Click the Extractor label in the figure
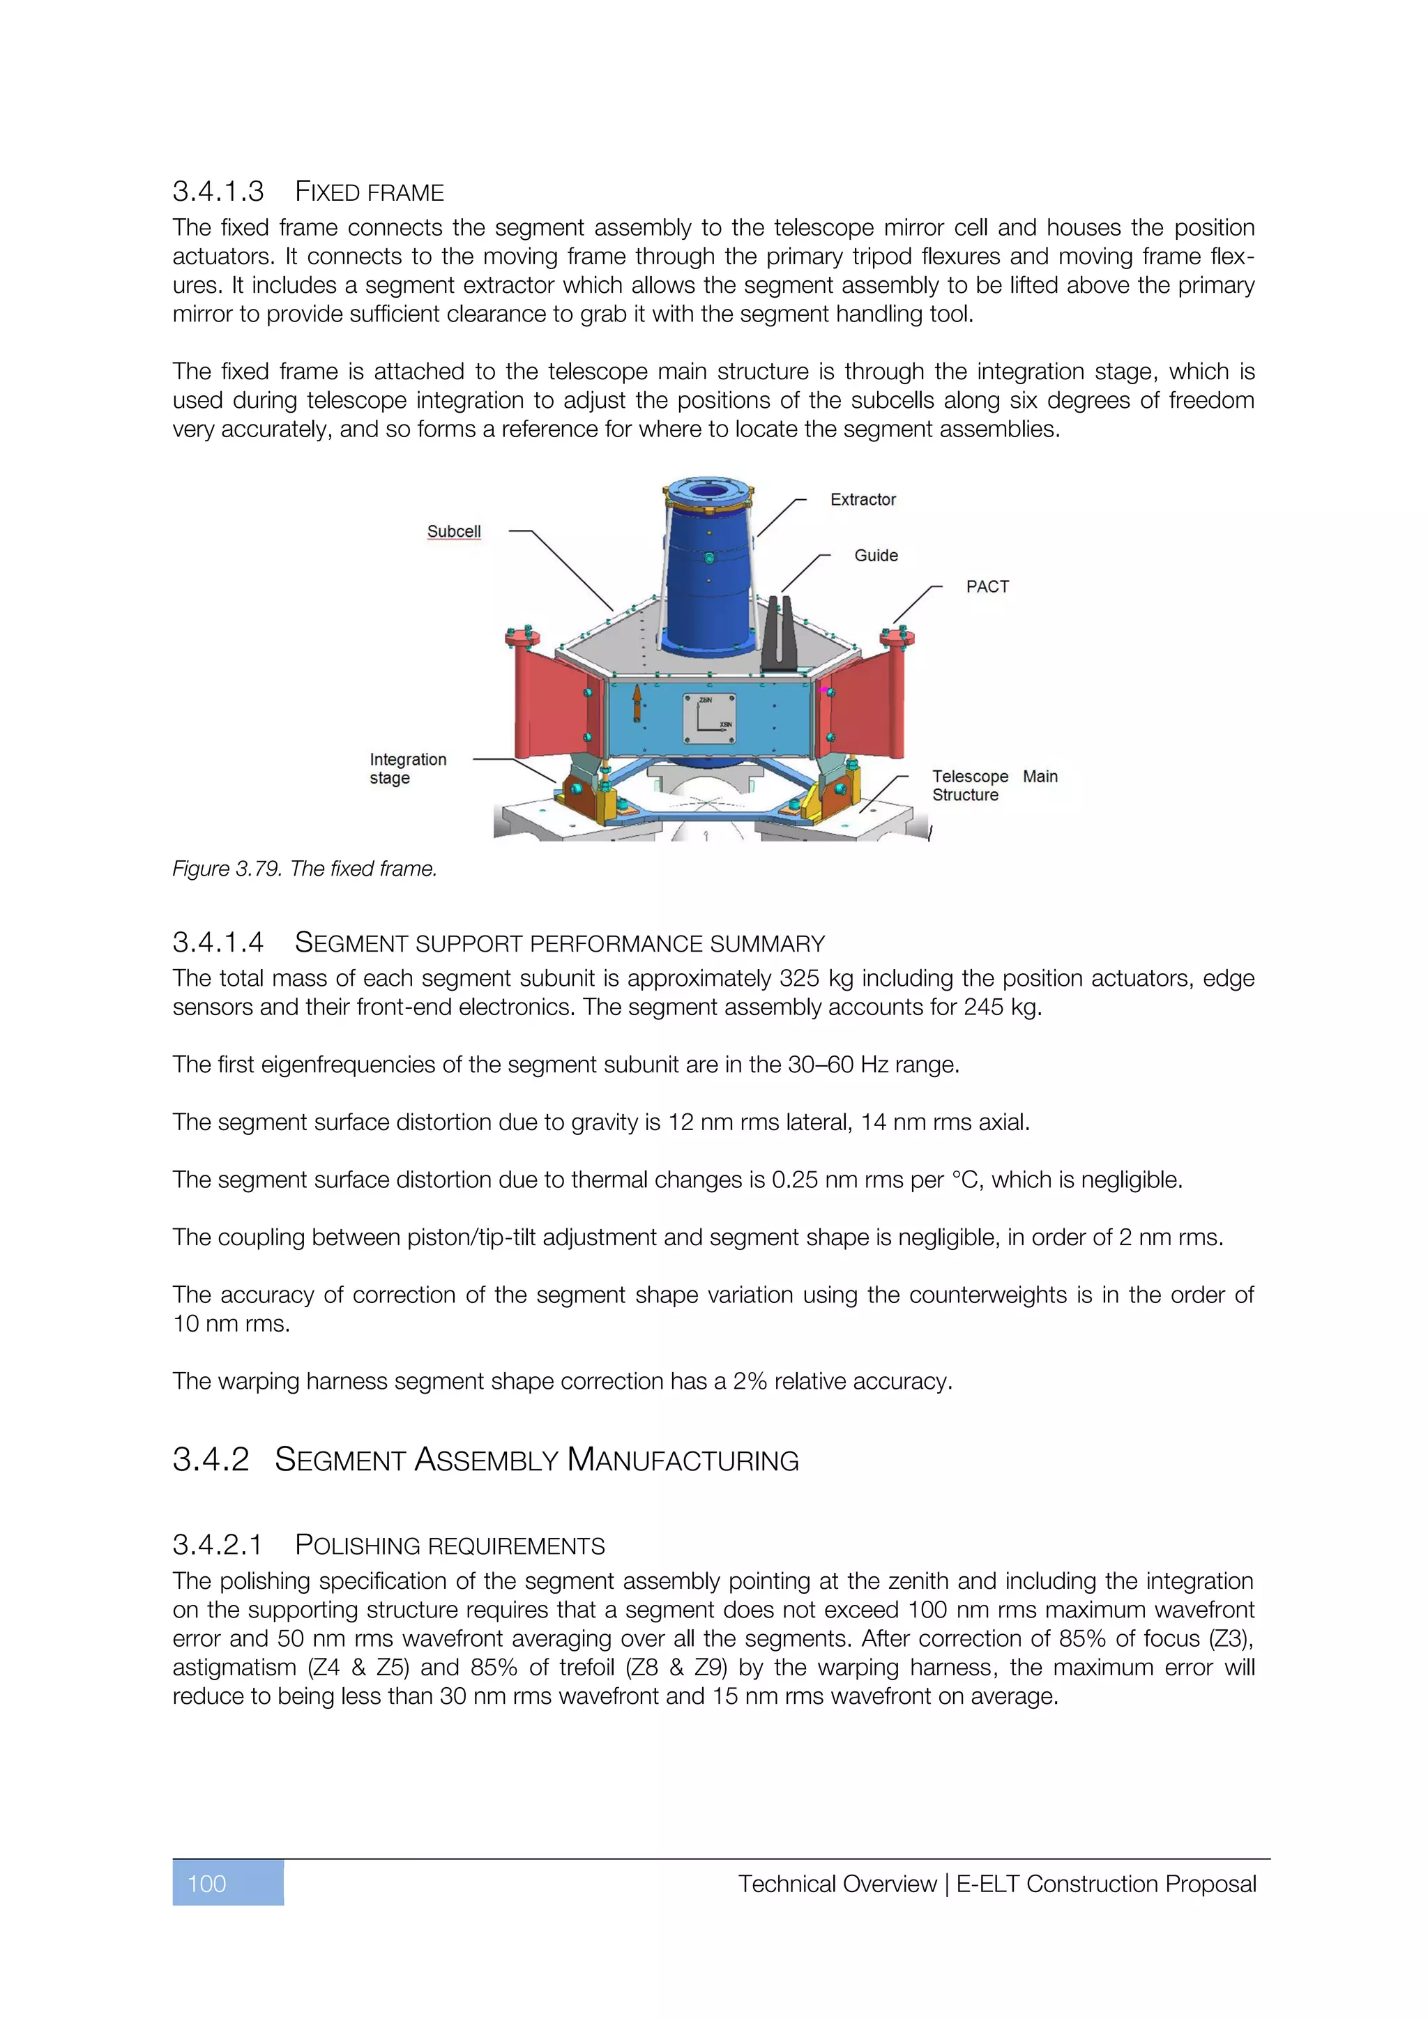pos(862,499)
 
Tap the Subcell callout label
pos(454,531)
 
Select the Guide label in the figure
pos(876,556)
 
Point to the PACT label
pos(987,586)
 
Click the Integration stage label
pos(407,768)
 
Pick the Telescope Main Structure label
pos(994,785)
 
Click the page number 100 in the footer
pos(208,1884)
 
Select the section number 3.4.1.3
pos(218,191)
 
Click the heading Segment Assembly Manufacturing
pos(536,1460)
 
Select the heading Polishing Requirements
pos(449,1545)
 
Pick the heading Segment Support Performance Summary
pos(559,943)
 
